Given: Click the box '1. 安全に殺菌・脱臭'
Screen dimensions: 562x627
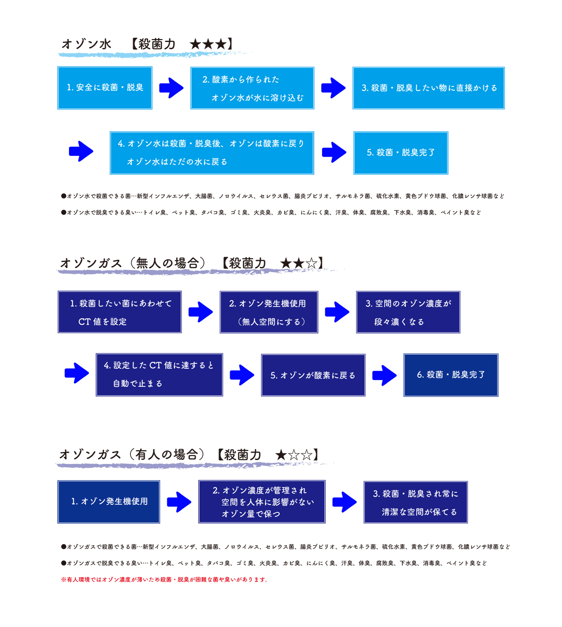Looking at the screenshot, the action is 105,88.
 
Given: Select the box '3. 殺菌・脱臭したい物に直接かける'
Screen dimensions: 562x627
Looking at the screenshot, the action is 429,88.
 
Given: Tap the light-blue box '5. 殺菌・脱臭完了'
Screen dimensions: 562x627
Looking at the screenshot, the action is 401,153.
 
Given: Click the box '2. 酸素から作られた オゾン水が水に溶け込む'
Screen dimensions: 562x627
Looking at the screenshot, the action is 252,88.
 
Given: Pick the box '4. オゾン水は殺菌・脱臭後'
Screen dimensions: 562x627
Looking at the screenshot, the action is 212,153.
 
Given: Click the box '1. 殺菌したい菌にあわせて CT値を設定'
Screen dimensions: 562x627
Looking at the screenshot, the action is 120,312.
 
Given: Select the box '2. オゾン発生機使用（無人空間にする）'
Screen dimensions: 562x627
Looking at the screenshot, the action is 269,312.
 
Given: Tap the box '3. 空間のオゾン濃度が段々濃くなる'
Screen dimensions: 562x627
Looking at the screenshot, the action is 408,312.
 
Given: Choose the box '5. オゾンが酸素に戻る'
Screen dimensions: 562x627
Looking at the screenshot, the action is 313,375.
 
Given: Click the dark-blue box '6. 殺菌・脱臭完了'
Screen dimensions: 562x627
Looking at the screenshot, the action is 451,375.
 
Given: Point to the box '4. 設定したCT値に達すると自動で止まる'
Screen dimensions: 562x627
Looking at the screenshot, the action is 159,375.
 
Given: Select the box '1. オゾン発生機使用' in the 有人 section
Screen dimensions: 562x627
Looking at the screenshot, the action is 109,502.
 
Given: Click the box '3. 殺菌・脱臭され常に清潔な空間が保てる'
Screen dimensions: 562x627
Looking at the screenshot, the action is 416,502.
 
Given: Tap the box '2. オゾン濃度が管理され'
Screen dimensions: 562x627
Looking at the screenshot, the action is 262,502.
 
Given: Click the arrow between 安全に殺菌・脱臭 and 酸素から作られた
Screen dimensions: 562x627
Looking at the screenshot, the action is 171,88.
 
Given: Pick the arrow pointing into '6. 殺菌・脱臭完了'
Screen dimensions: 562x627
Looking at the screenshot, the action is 384,375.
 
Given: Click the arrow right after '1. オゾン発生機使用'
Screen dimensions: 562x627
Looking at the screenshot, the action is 179,502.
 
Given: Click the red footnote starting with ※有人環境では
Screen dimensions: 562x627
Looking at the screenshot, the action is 164,579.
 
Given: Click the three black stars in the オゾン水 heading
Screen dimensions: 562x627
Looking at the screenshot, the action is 208,44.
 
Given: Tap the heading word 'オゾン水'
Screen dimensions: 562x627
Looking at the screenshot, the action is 87,44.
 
